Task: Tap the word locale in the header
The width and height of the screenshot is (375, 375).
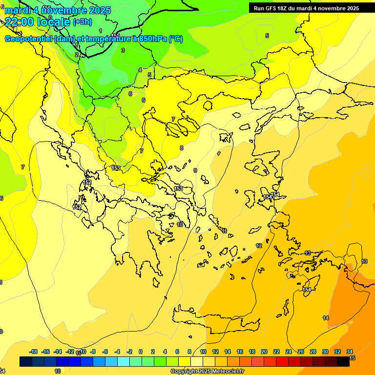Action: [x=54, y=22]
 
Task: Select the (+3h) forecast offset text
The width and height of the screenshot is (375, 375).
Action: [x=82, y=21]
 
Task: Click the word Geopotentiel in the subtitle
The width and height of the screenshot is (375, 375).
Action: [x=28, y=39]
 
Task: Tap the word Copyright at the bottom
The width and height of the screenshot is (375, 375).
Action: [x=184, y=372]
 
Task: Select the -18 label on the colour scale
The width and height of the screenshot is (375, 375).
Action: [x=33, y=352]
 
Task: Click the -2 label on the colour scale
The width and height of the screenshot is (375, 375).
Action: [x=129, y=352]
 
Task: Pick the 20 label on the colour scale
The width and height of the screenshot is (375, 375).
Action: [x=264, y=352]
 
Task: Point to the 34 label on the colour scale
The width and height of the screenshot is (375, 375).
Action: [x=350, y=352]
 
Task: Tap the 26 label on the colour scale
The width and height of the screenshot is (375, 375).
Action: [x=301, y=352]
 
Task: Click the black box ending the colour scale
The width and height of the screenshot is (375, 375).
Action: [x=344, y=361]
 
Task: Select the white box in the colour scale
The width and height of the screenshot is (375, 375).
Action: [x=197, y=361]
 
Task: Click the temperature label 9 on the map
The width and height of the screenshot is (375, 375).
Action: [x=195, y=170]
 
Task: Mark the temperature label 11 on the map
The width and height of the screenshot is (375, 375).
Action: [x=225, y=231]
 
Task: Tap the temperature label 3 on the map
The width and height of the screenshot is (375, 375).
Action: [x=123, y=50]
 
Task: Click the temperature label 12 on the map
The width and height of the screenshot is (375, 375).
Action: [x=259, y=246]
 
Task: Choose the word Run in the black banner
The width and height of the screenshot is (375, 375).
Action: [x=259, y=8]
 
